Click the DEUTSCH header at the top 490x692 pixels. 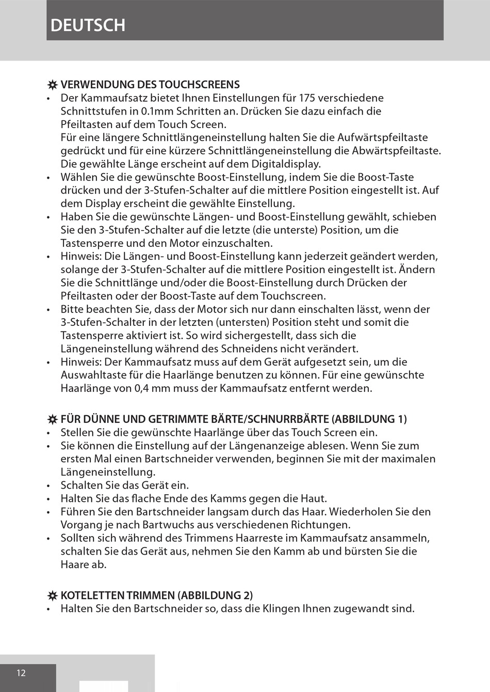[x=88, y=25]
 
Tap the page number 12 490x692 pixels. [x=21, y=672]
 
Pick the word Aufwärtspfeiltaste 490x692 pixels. [x=382, y=137]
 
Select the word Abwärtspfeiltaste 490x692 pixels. [x=396, y=151]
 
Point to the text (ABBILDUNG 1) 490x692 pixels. [x=369, y=419]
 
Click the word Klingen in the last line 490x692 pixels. [x=282, y=608]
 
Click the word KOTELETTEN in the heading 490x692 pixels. [x=92, y=595]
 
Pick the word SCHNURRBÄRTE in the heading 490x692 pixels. [x=286, y=419]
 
